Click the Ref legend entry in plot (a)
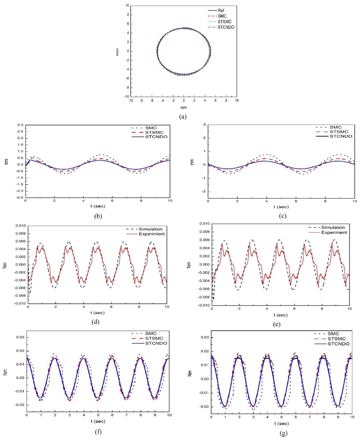tap(221, 10)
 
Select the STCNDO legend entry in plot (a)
tap(226, 27)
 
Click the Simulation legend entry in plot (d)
tap(150, 229)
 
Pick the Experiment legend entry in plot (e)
tap(334, 232)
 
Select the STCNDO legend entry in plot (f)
tap(156, 343)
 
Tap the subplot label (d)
tap(95, 322)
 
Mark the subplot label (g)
tap(283, 434)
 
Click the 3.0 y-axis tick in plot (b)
tap(20, 125)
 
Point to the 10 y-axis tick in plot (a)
tap(127, 6)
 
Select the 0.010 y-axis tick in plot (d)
tap(21, 225)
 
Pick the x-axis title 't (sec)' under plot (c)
tap(281, 207)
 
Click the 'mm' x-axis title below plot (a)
tap(183, 108)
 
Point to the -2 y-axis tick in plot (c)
tap(204, 192)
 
